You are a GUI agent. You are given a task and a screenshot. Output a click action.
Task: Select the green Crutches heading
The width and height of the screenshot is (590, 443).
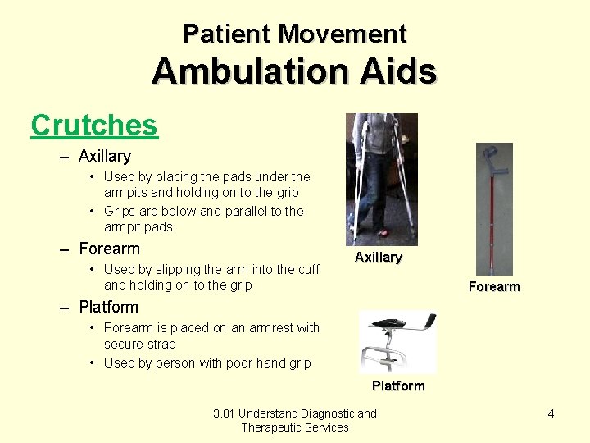pyautogui.click(x=93, y=126)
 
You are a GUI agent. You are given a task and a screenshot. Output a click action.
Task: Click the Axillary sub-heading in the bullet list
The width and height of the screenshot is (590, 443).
pyautogui.click(x=105, y=156)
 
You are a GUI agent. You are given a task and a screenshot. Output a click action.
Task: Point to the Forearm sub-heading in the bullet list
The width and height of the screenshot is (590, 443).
pyautogui.click(x=109, y=249)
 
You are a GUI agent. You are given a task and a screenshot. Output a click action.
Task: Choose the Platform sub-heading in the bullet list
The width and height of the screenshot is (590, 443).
pyautogui.click(x=108, y=308)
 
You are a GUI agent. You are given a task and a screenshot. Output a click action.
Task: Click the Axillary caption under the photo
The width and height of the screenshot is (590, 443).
pyautogui.click(x=378, y=258)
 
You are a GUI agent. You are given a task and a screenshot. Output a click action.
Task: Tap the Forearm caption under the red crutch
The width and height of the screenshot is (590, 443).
pyautogui.click(x=493, y=287)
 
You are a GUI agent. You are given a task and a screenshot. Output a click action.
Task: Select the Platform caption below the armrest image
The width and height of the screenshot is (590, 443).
pyautogui.click(x=398, y=386)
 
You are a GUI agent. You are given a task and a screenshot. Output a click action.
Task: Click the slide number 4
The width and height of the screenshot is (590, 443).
pyautogui.click(x=551, y=414)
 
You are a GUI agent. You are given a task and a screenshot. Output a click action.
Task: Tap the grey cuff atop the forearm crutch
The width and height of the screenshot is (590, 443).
pyautogui.click(x=491, y=155)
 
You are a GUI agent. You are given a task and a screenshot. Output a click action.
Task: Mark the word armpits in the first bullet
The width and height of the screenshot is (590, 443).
pyautogui.click(x=128, y=193)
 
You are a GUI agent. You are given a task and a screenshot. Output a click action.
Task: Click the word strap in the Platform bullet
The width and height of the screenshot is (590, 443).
pyautogui.click(x=162, y=345)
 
